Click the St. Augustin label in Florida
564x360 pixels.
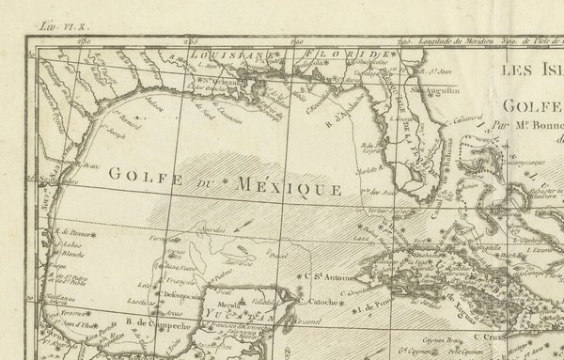click(437, 91)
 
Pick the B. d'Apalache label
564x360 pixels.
click(344, 117)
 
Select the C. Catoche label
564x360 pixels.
click(321, 303)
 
